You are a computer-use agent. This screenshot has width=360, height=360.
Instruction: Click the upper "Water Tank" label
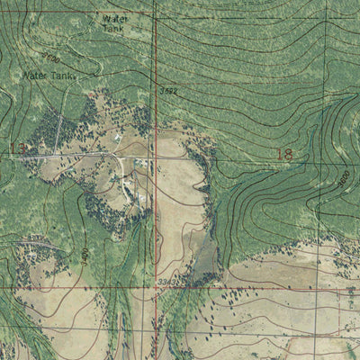[x=114, y=22]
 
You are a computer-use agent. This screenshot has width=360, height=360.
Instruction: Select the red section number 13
[x=16, y=148]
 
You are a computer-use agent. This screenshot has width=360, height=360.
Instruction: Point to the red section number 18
[x=285, y=154]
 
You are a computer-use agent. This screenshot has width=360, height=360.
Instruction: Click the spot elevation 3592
[x=167, y=91]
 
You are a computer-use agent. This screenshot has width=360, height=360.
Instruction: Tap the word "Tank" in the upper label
[x=113, y=29]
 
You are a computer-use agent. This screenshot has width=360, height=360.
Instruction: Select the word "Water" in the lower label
[x=36, y=76]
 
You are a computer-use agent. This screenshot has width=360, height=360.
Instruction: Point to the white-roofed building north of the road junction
[x=118, y=138]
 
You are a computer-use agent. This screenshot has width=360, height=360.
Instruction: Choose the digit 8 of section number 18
[x=289, y=154]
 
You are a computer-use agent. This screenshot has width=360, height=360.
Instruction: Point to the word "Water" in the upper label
[x=115, y=17]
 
